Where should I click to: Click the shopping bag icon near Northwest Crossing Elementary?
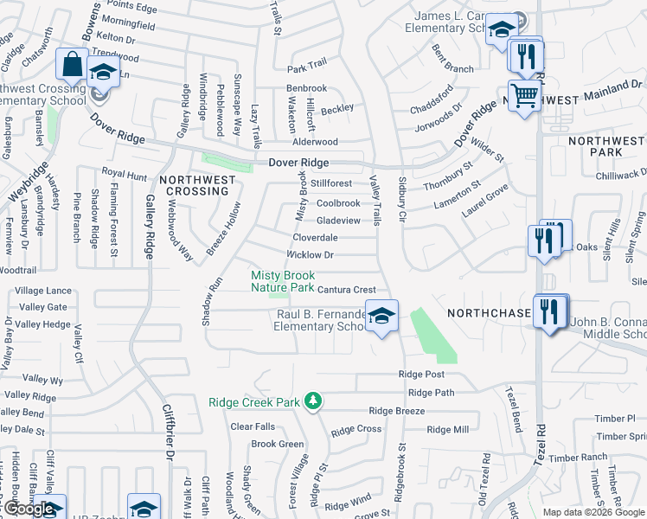[x=71, y=63]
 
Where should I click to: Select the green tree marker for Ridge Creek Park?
[x=315, y=400]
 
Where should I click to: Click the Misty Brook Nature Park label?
[x=282, y=281]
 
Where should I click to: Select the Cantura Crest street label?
[x=347, y=290]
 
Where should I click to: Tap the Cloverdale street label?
[x=315, y=237]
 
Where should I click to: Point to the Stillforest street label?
[x=332, y=183]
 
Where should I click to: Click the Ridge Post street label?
[x=421, y=374]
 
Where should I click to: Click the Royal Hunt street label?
[x=125, y=174]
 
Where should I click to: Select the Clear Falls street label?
[x=253, y=426]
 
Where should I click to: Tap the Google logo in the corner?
[x=29, y=509]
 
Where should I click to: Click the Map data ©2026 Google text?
[x=593, y=512]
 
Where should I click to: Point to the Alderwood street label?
[x=315, y=142]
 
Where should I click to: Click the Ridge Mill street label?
[x=447, y=429]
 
